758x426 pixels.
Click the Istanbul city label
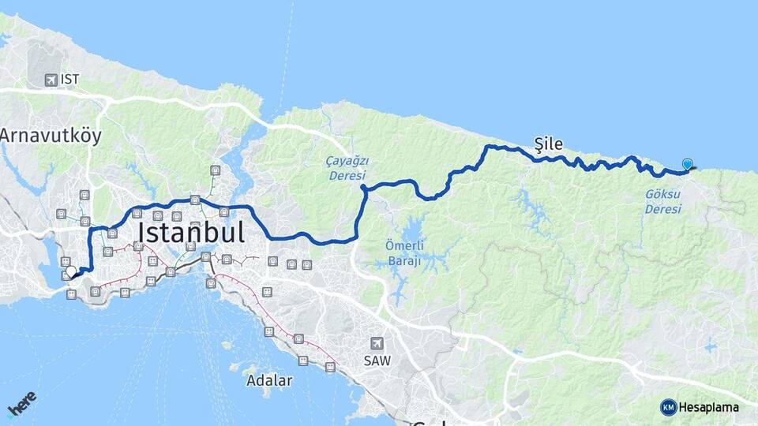[191, 233]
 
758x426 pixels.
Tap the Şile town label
[549, 144]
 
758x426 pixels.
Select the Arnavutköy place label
[51, 136]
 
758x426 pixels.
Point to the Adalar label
[269, 380]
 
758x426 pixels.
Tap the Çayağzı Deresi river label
[347, 168]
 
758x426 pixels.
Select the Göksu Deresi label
[662, 201]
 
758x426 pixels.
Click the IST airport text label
[69, 80]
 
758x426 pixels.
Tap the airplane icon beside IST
[51, 80]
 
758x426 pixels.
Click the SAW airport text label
[377, 361]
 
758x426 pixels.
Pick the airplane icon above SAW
[377, 344]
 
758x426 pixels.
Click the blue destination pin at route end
[688, 164]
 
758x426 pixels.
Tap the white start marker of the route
[71, 271]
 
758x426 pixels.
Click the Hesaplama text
[709, 407]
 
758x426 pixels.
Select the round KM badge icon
[669, 407]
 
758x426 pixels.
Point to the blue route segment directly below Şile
[549, 160]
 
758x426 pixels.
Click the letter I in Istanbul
[141, 233]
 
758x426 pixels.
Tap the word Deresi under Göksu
[662, 209]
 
